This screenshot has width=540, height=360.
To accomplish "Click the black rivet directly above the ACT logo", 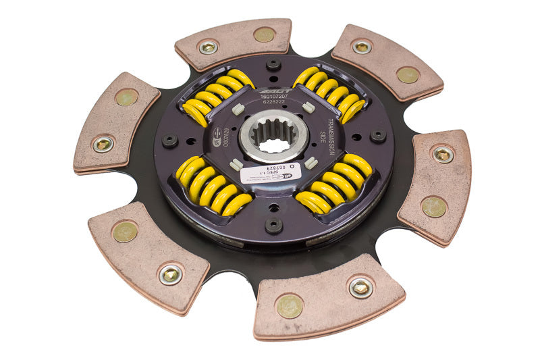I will pyautogui.click(x=273, y=64).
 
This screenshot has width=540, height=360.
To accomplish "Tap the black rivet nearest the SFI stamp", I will pyautogui.click(x=169, y=140).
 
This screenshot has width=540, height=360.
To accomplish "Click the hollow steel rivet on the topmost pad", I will pyautogui.click(x=208, y=47).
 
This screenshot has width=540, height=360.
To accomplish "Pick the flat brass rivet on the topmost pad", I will pyautogui.click(x=264, y=34).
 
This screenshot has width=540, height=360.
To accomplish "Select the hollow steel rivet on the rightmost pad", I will pyautogui.click(x=442, y=155).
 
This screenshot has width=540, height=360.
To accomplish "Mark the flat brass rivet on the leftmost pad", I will pyautogui.click(x=126, y=97).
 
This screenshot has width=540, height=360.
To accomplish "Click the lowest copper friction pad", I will pyautogui.click(x=329, y=297).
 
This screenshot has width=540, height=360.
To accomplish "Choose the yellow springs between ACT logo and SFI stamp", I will pyautogui.click(x=217, y=95).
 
